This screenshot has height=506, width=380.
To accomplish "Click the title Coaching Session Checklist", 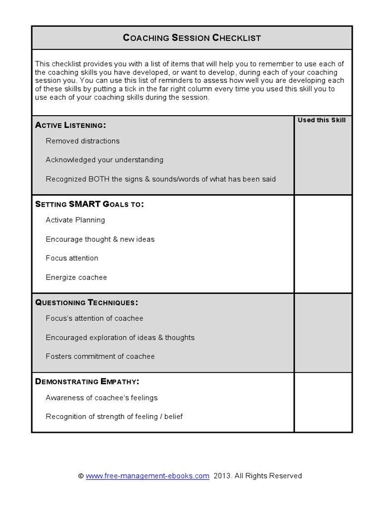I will pyautogui.click(x=191, y=38).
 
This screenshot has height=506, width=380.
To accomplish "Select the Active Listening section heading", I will pyautogui.click(x=71, y=125).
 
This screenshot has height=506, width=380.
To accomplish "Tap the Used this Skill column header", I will pyautogui.click(x=322, y=120).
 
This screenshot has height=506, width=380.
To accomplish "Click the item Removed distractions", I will pyautogui.click(x=83, y=141).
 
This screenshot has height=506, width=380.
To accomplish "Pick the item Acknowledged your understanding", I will pyautogui.click(x=104, y=160).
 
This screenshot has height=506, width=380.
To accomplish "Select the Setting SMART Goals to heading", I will pyautogui.click(x=90, y=204).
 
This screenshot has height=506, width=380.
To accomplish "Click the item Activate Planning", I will pyautogui.click(x=75, y=220).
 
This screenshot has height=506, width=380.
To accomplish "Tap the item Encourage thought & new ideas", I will pyautogui.click(x=100, y=239).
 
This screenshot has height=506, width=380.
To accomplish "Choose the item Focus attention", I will pyautogui.click(x=72, y=258).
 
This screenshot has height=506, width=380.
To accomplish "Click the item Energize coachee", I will pyautogui.click(x=76, y=277).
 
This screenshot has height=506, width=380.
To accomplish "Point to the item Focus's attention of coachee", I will pyautogui.click(x=95, y=318).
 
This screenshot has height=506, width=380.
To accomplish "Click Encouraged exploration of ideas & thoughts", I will pyautogui.click(x=120, y=337).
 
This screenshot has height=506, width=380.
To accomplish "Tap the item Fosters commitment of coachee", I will pyautogui.click(x=100, y=356).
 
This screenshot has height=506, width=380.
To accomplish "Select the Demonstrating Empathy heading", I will pyautogui.click(x=87, y=381).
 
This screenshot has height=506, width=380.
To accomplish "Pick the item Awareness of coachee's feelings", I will pyautogui.click(x=102, y=397).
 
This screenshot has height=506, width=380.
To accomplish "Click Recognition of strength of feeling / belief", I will pyautogui.click(x=114, y=417).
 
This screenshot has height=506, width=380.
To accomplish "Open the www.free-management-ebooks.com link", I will pyautogui.click(x=147, y=476).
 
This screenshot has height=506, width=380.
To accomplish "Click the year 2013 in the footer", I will pyautogui.click(x=223, y=476).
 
